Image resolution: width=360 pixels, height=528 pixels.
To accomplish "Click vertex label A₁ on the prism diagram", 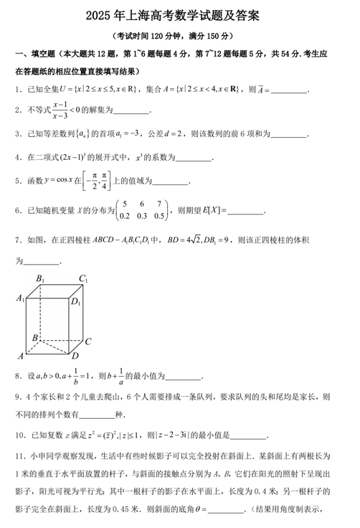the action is (x=21, y=299).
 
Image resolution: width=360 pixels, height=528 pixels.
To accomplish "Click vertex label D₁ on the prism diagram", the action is (x=75, y=301).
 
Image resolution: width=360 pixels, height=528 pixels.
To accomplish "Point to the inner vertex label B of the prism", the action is (x=34, y=336).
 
